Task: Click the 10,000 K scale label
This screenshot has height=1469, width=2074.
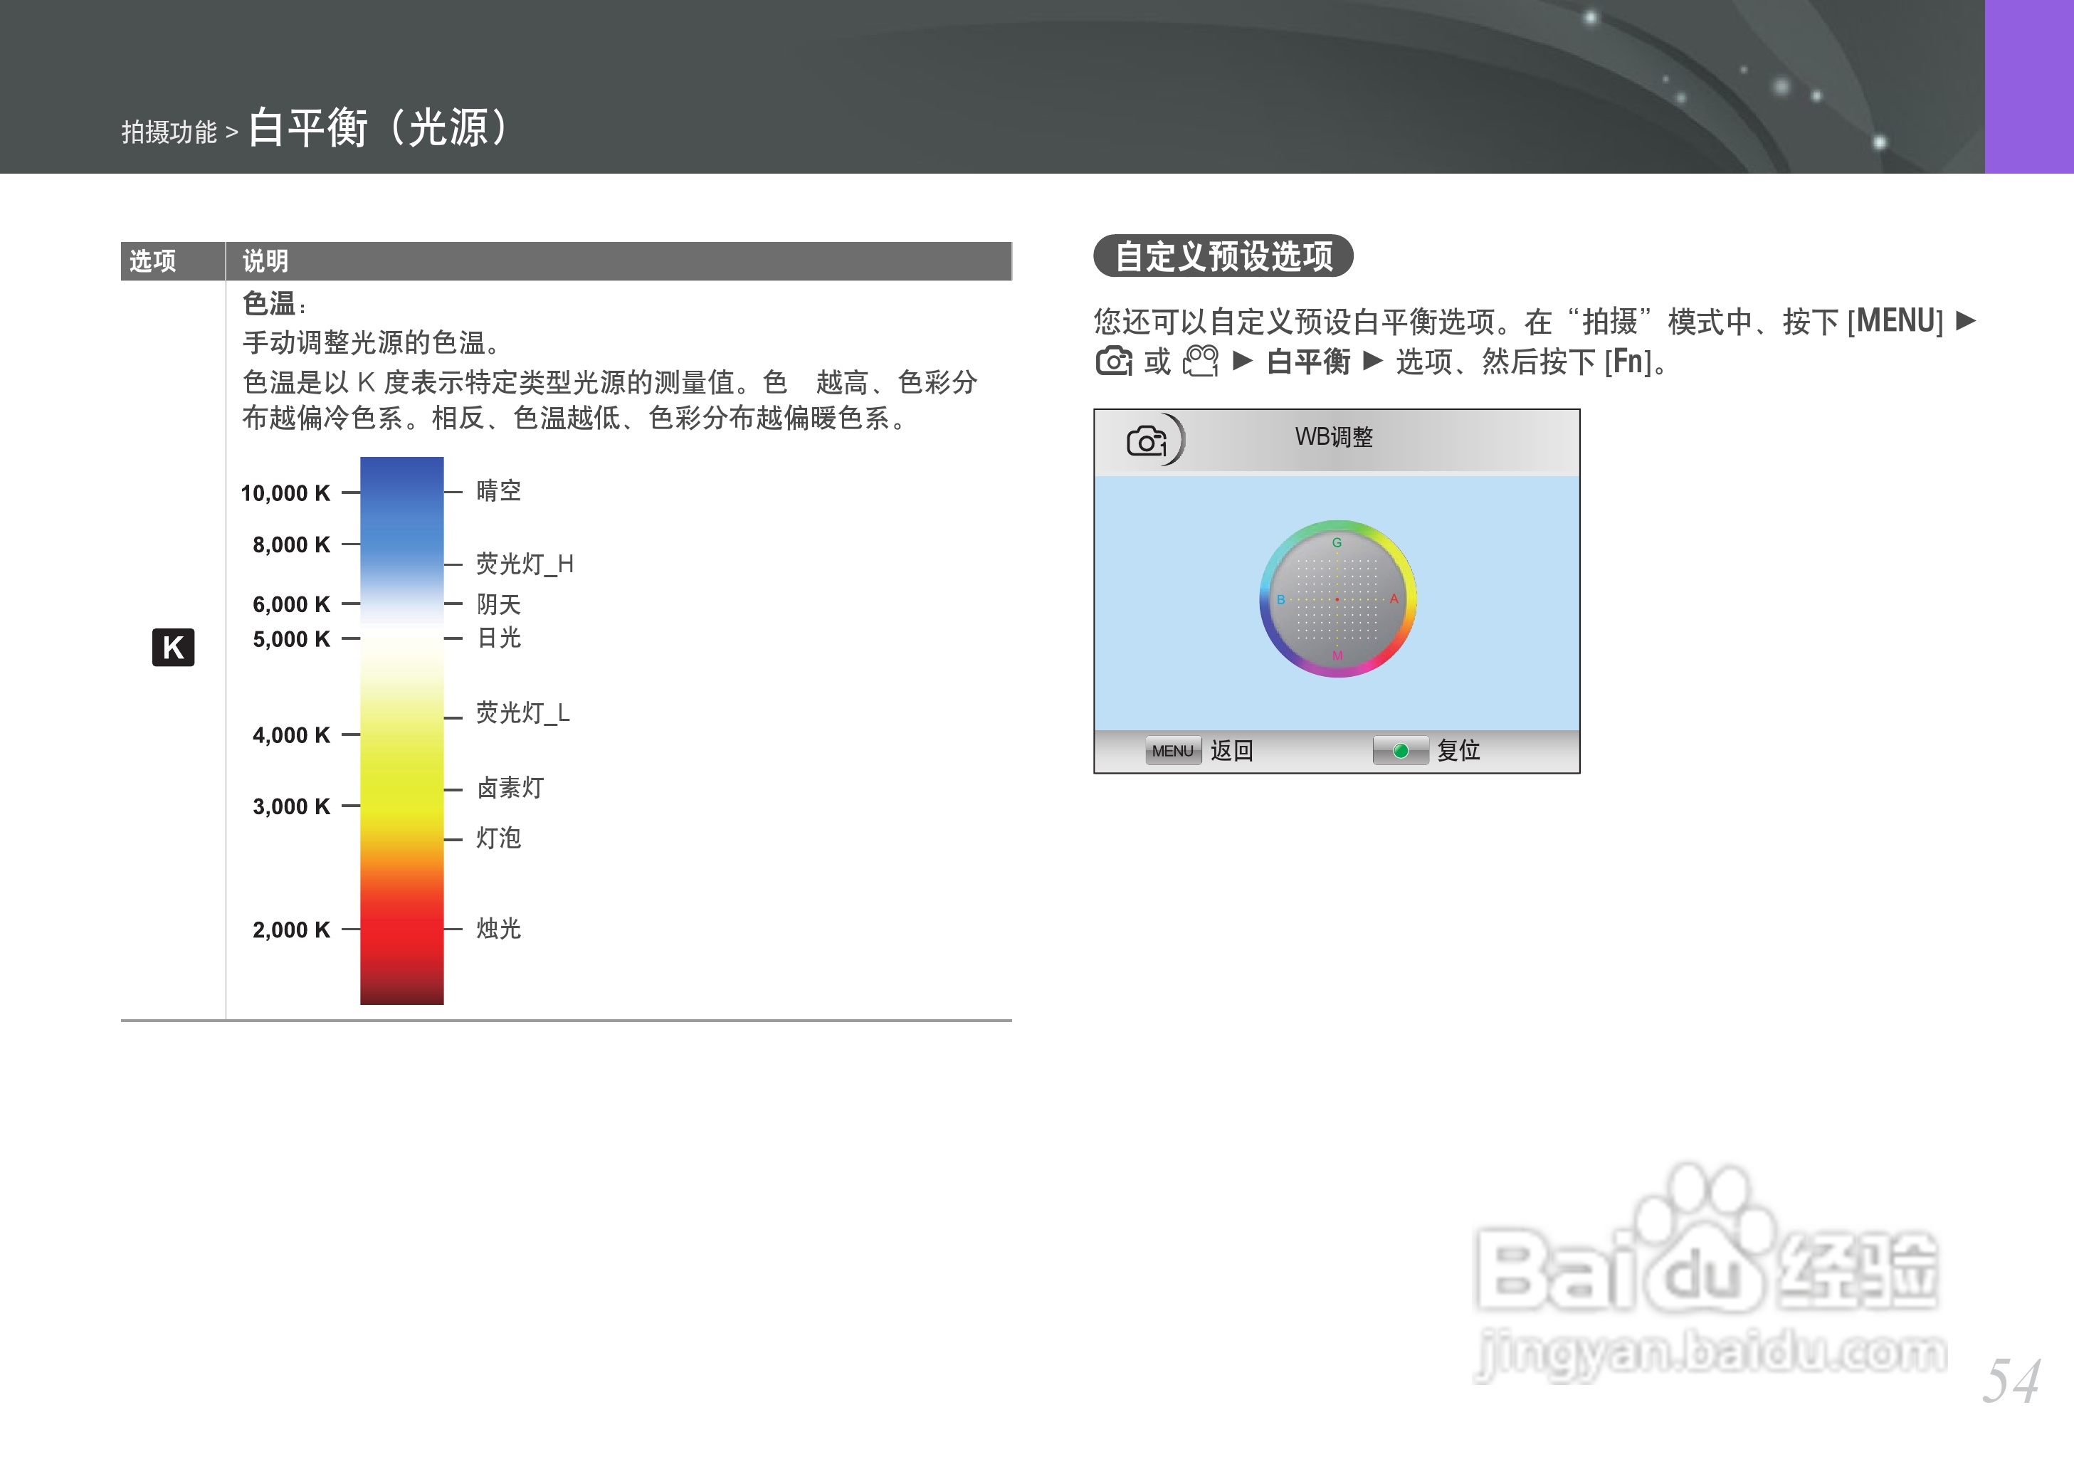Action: (x=285, y=493)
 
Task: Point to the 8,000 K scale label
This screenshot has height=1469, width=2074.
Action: (x=291, y=544)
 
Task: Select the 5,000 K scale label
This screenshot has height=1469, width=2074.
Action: (x=291, y=640)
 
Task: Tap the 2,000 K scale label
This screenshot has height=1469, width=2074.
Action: (x=291, y=930)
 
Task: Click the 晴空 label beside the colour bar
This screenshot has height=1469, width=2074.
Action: (x=498, y=491)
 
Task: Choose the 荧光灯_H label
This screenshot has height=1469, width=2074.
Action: (x=525, y=564)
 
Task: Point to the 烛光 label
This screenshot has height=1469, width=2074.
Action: (x=498, y=929)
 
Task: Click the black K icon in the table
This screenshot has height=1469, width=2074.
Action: (x=173, y=647)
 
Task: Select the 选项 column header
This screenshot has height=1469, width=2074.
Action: (x=153, y=261)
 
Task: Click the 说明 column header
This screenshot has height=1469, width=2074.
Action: (x=265, y=261)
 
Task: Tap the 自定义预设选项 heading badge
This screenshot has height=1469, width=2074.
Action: (x=1223, y=256)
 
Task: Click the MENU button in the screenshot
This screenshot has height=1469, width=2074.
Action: (x=1172, y=751)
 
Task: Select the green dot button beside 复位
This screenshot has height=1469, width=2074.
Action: (x=1400, y=751)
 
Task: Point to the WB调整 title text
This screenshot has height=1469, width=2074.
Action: (x=1333, y=438)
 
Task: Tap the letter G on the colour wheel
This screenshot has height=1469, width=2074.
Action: (x=1337, y=543)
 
